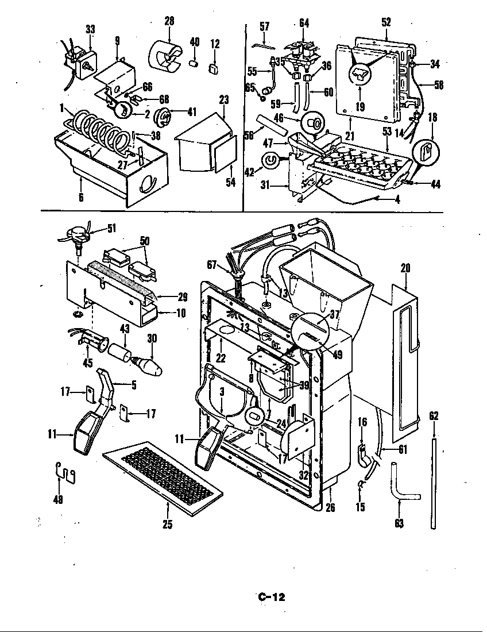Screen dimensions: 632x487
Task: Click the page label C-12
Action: click(270, 597)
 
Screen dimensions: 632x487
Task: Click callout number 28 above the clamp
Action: click(169, 21)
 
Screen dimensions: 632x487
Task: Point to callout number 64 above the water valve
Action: click(304, 23)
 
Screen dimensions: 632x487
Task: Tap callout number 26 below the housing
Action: click(330, 507)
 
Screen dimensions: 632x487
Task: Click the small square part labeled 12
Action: click(215, 69)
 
